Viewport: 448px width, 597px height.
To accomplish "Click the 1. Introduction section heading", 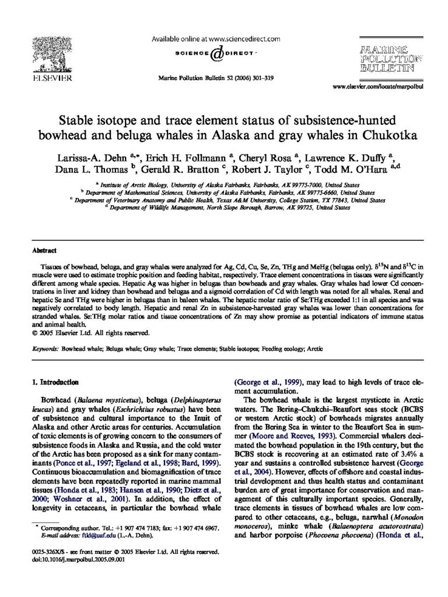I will (55, 382).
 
